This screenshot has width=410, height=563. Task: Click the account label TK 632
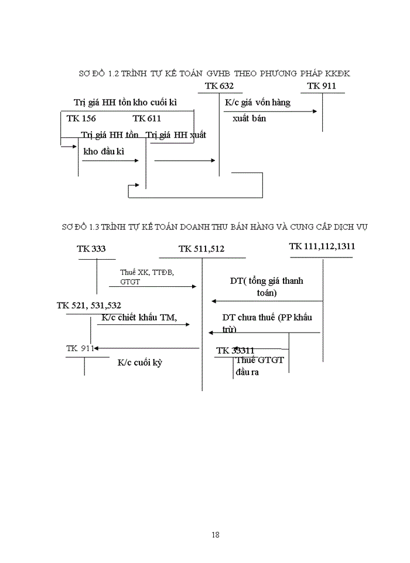point(220,87)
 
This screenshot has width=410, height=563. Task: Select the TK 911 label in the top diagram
point(322,87)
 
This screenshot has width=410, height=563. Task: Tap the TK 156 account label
point(81,118)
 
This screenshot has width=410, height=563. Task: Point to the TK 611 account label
point(146,118)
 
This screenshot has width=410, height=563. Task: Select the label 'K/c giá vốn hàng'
point(258,103)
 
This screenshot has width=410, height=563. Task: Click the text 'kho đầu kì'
point(105,151)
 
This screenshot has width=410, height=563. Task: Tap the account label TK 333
point(91,249)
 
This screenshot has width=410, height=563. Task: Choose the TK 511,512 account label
point(201,249)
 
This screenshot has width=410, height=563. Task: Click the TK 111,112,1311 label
point(322,246)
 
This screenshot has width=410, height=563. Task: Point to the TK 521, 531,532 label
point(89,306)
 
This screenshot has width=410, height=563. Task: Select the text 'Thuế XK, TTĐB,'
point(147,273)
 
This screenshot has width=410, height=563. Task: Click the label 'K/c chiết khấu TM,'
point(139,318)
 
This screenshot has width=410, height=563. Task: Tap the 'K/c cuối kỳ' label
point(139,362)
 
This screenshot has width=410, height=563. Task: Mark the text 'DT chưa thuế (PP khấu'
point(275,317)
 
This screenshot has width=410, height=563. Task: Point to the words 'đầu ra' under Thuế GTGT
point(247,372)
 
